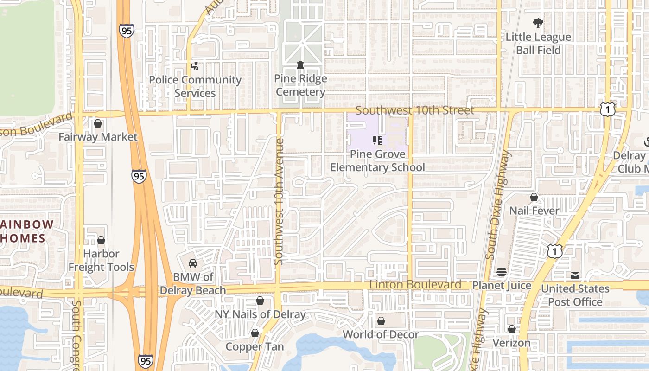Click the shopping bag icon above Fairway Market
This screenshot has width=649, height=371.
click(98, 123)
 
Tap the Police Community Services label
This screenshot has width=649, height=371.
click(195, 86)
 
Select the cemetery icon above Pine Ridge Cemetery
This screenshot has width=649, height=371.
click(300, 65)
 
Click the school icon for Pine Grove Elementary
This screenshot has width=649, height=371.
click(377, 140)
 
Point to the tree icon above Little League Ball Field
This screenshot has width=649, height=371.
click(538, 23)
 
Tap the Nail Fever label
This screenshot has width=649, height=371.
click(534, 211)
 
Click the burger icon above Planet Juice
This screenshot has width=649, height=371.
click(502, 272)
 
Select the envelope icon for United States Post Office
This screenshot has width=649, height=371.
click(575, 275)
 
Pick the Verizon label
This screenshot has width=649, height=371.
click(511, 343)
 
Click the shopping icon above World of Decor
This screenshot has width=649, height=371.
click(381, 321)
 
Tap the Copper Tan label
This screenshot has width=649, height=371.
click(255, 346)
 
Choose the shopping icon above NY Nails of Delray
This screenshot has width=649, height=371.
click(260, 301)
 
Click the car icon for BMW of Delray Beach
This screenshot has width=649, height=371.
click(193, 263)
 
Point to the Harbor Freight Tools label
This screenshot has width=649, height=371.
click(101, 260)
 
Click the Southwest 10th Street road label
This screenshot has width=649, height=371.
click(415, 110)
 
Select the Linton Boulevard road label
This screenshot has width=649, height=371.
click(415, 284)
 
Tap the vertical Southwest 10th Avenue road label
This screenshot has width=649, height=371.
click(279, 202)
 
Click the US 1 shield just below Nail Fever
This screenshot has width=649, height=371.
click(554, 251)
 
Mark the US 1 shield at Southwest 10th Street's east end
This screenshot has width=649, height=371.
click(607, 109)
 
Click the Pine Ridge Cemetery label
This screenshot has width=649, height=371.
click(300, 85)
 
